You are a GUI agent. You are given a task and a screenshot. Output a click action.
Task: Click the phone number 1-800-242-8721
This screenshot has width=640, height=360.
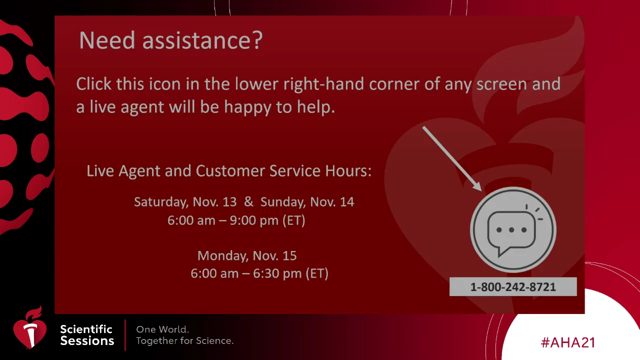click(513, 287)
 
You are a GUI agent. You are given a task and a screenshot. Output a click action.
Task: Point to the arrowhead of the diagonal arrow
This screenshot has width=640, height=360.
click(477, 187)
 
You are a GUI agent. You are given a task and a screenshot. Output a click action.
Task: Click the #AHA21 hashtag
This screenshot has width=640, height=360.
click(568, 342)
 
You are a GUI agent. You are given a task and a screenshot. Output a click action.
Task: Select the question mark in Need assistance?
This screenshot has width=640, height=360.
click(257, 40)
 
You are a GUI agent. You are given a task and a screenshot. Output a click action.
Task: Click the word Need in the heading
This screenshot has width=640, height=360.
click(107, 40)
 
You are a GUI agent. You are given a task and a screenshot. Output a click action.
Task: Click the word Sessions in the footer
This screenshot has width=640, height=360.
click(87, 341)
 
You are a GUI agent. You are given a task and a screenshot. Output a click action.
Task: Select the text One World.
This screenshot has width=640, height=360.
click(162, 329)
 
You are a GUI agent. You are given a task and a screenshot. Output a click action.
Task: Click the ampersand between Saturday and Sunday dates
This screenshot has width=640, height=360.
click(248, 201)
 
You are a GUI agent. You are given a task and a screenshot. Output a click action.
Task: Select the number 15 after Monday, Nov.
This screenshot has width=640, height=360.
click(289, 255)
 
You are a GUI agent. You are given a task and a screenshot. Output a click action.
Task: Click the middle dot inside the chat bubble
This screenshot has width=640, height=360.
click(511, 230)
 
